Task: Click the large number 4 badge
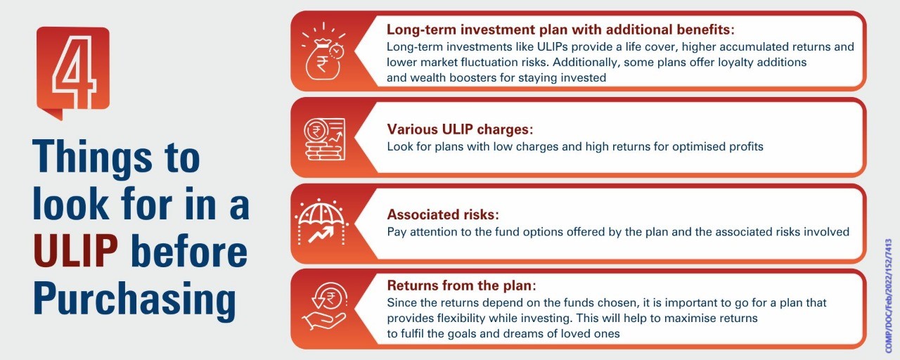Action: [x=73, y=72]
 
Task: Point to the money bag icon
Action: [x=323, y=51]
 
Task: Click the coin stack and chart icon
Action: [x=324, y=139]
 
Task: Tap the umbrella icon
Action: [x=321, y=221]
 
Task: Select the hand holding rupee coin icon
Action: [x=324, y=307]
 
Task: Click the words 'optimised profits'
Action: [x=718, y=147]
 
